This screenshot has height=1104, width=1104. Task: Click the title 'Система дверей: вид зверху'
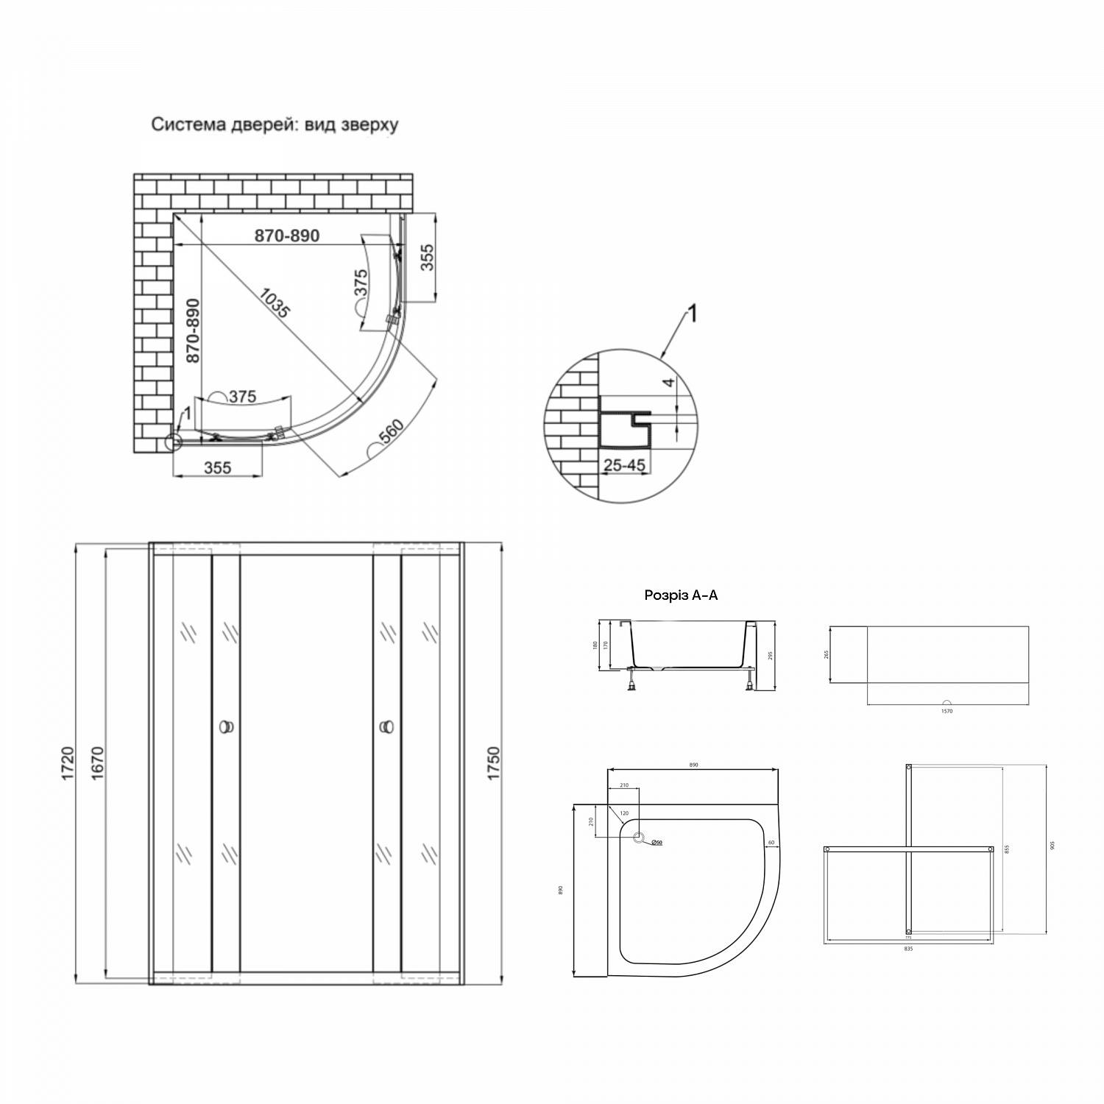click(x=275, y=124)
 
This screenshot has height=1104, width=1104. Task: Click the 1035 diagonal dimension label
click(x=274, y=301)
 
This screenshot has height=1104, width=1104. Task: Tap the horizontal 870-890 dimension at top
click(x=287, y=236)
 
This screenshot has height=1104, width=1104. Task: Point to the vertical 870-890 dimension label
click(x=192, y=330)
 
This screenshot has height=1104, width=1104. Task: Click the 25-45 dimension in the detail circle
click(x=624, y=465)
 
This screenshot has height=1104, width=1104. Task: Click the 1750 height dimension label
click(x=493, y=763)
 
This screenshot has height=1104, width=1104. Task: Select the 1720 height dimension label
click(x=68, y=763)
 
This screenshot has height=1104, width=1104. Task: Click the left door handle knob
click(x=227, y=727)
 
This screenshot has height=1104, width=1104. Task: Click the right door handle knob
click(x=386, y=727)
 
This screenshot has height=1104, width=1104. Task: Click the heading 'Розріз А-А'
click(x=681, y=595)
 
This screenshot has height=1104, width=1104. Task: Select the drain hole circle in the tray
click(x=640, y=838)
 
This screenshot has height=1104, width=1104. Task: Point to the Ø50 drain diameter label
click(x=657, y=843)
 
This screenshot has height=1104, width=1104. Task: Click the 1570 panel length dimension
click(x=947, y=711)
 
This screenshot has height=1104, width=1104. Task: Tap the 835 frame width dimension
click(x=908, y=949)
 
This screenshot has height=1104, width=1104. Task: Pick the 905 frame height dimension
click(x=1052, y=846)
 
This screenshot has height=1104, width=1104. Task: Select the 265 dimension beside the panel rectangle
click(x=827, y=654)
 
